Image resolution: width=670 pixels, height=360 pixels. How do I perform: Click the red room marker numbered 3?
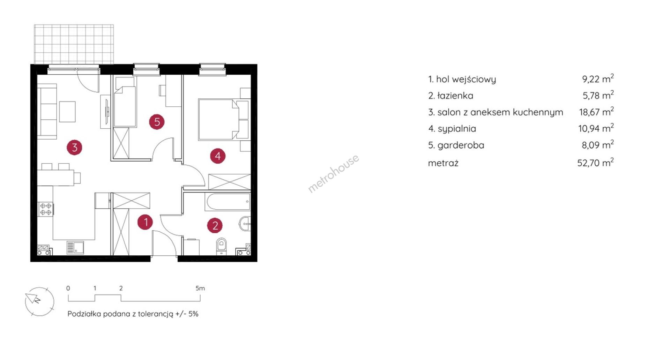click(x=75, y=148)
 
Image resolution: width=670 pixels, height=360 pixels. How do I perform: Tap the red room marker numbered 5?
click(x=157, y=122)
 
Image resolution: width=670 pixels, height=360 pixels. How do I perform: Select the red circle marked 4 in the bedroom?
click(x=218, y=156)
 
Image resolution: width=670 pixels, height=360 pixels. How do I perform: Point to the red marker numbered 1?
click(x=145, y=222)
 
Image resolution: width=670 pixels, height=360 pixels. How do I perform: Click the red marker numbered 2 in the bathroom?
click(x=215, y=225)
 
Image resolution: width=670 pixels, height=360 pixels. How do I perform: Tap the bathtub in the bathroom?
click(x=228, y=202)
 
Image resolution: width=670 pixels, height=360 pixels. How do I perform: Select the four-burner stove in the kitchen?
click(x=46, y=209)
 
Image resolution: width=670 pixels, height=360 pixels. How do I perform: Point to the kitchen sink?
click(x=75, y=248)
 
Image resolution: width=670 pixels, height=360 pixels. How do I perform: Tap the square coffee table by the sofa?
click(x=67, y=112)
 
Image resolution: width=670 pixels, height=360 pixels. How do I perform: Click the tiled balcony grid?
click(x=74, y=44)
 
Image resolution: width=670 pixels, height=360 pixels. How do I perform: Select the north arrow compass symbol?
click(x=39, y=301)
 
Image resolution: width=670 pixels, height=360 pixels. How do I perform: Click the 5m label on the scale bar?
click(x=200, y=288)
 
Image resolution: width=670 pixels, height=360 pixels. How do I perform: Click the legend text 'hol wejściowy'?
click(x=466, y=79)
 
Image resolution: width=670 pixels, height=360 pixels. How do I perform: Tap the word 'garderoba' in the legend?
click(x=461, y=145)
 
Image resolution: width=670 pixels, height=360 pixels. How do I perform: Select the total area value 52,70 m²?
click(x=595, y=163)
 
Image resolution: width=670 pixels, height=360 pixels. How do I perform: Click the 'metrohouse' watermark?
click(x=333, y=173)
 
